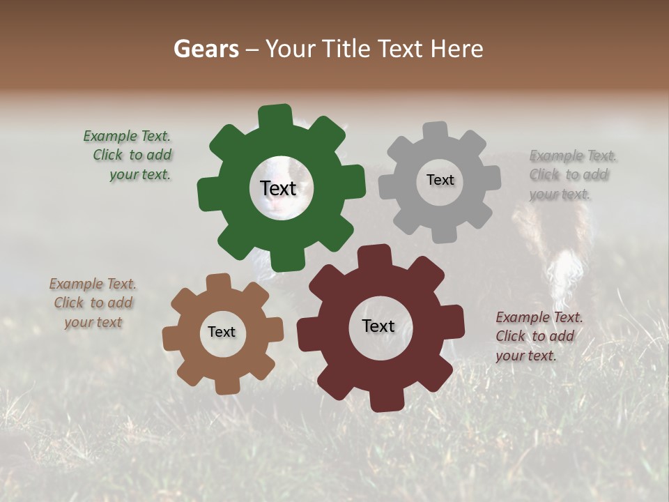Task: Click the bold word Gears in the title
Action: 206,49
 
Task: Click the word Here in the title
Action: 456,49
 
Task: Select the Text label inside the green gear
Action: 278,188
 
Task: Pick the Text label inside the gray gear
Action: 440,180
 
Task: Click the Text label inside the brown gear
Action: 222,332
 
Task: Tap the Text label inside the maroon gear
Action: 378,326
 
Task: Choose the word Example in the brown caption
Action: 76,284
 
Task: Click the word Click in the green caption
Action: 108,155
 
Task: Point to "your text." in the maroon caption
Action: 526,356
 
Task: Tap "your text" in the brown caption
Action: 93,322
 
